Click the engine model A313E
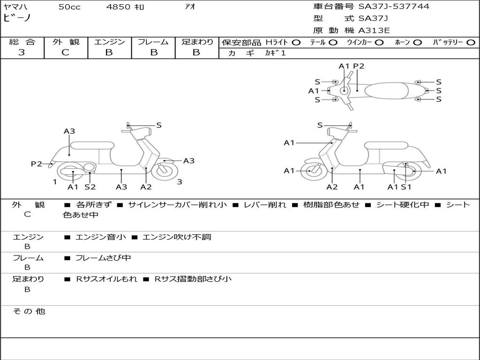coord(374,30)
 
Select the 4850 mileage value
coord(119,7)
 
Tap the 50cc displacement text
coord(69,7)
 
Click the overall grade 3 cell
coord(22,52)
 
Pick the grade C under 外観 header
coord(65,52)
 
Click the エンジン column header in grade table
coord(109,42)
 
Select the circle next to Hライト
coord(296,42)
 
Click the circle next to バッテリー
coord(471,42)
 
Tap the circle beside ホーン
coord(417,42)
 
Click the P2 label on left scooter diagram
coord(37,164)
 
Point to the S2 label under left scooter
coord(90,187)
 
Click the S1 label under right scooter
coord(406,187)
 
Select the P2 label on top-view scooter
coord(359,66)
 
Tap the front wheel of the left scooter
coord(165,170)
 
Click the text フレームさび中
coord(103,258)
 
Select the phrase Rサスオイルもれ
coord(107,279)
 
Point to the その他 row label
coord(29,311)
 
